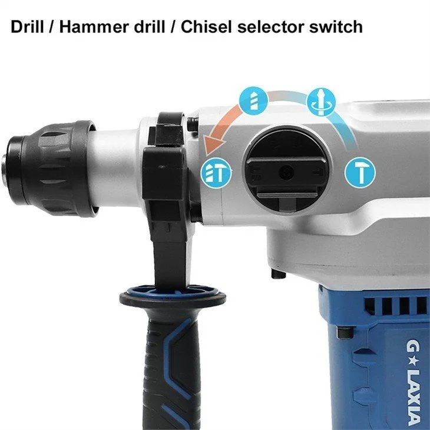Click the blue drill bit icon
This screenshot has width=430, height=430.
(x=253, y=100)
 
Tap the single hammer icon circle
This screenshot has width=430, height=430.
(x=360, y=173)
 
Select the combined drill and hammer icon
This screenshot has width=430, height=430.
(x=216, y=173)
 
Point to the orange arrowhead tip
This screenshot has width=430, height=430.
(x=206, y=155)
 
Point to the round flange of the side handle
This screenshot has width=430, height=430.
(x=173, y=297)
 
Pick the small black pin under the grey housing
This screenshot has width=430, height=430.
(x=279, y=273)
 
